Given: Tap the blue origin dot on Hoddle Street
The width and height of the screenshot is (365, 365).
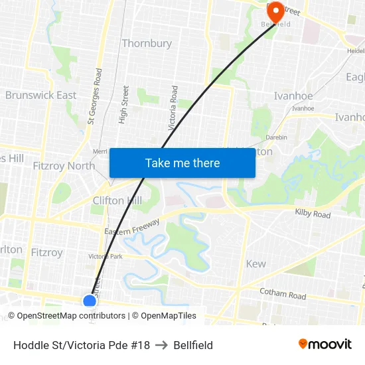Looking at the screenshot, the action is tap(90, 301).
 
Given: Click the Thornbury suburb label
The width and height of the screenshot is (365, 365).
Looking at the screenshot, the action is tap(147, 44).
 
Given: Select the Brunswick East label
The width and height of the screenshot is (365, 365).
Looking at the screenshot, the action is tap(41, 96).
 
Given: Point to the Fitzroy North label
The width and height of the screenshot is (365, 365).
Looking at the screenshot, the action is tap(64, 166).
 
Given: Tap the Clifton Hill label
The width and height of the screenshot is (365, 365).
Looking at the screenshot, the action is tap(117, 200).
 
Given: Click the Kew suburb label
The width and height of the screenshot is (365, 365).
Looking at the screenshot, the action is tap(256, 264).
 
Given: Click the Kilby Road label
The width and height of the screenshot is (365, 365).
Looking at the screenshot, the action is tap(313, 215).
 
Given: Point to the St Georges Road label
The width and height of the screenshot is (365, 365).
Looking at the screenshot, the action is tap(94, 97).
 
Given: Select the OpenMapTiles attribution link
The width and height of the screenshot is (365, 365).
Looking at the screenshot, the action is tap(169, 316).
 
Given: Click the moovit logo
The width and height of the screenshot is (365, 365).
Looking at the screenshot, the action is tap(325, 344).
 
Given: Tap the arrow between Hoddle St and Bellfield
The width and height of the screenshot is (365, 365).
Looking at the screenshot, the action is tap(162, 345).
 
